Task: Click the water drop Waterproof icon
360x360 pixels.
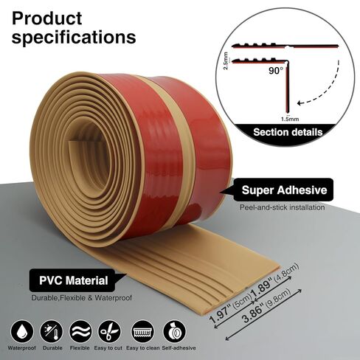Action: (22, 331)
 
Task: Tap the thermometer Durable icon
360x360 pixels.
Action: (52, 331)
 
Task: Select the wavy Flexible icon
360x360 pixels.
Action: (80, 331)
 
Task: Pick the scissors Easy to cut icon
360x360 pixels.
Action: (109, 331)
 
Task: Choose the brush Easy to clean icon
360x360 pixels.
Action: (143, 331)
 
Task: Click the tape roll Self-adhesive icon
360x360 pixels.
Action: (175, 331)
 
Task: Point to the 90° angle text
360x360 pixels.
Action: (276, 71)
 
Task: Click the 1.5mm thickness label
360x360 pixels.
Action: (290, 119)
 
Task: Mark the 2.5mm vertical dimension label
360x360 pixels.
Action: (226, 60)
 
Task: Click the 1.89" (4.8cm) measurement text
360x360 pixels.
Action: (274, 278)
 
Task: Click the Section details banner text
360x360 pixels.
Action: (288, 132)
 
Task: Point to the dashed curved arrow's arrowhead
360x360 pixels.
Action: (300, 103)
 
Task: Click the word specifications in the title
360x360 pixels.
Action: (74, 38)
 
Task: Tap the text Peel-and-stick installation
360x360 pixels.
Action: (283, 207)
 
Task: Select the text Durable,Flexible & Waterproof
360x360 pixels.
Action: (82, 298)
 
